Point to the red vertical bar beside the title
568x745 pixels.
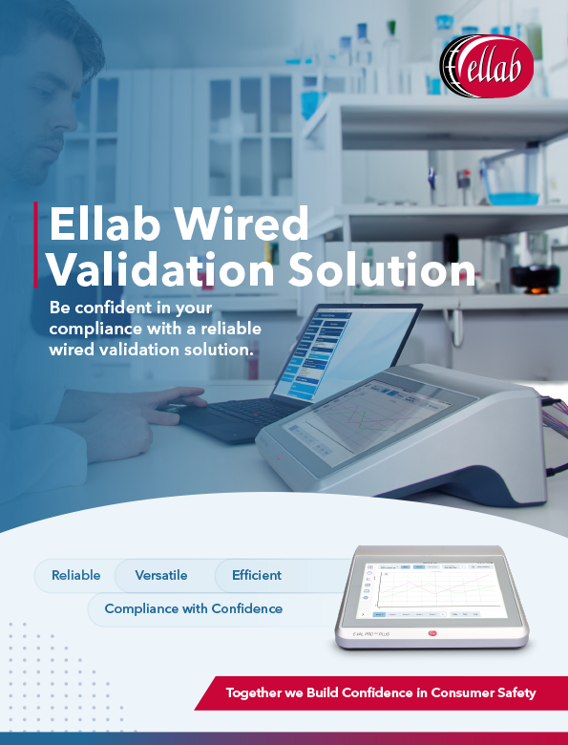(x=36, y=245)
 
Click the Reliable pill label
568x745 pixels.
(x=76, y=575)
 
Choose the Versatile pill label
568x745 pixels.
(x=161, y=575)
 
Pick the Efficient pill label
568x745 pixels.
(x=257, y=575)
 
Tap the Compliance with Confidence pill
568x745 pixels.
(x=194, y=608)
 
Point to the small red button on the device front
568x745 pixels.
(x=431, y=631)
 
